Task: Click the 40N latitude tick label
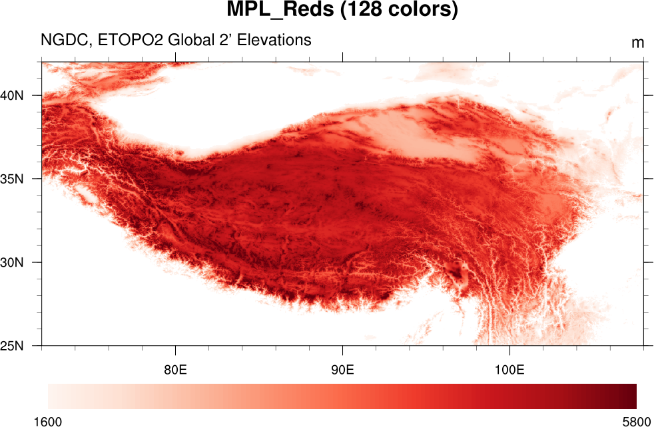12,95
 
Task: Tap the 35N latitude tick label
12,179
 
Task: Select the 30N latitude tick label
12,262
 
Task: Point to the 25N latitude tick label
12,346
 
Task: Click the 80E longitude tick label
175,369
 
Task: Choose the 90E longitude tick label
342,369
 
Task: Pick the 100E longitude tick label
509,369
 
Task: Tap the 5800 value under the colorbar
637,421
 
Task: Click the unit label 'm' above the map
637,43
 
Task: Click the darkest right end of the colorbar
633,396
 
